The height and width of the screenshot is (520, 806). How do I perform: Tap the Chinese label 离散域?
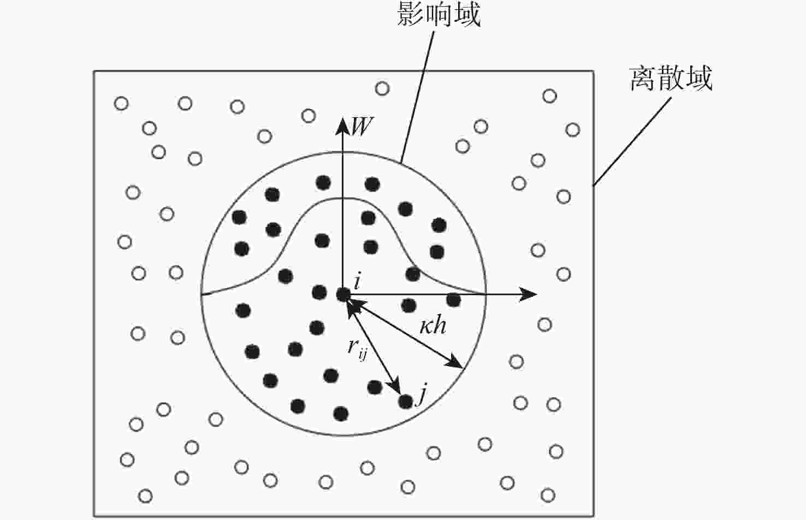click(x=671, y=78)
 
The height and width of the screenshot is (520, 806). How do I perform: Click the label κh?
click(x=433, y=326)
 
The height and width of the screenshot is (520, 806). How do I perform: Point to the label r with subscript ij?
click(x=357, y=349)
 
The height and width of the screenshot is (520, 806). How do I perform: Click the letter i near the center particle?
click(x=357, y=281)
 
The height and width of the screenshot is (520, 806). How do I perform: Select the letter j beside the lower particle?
click(x=421, y=394)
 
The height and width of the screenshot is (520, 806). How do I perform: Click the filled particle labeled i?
click(x=343, y=295)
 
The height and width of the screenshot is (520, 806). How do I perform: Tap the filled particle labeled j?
click(x=406, y=402)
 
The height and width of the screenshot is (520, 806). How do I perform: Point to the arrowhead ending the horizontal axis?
click(x=528, y=295)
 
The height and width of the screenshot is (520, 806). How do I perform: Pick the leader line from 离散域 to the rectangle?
click(x=632, y=142)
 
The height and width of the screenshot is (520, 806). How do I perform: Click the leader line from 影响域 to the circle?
click(x=417, y=97)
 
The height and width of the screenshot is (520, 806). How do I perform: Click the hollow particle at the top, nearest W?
click(x=382, y=88)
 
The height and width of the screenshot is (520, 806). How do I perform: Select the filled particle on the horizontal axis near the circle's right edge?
click(x=453, y=300)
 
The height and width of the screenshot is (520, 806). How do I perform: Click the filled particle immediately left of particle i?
click(x=319, y=292)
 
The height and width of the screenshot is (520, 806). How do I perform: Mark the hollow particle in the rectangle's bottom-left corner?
click(x=145, y=497)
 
